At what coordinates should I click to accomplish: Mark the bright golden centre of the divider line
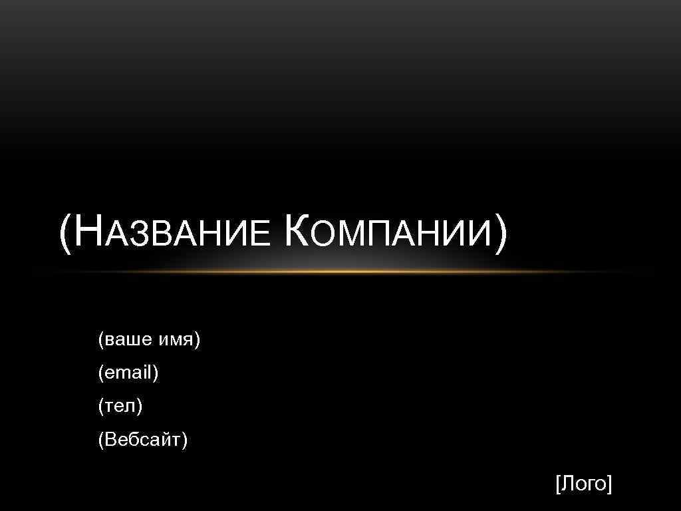pyautogui.click(x=340, y=271)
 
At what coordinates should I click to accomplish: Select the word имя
pyautogui.click(x=176, y=341)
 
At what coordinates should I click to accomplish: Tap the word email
pyautogui.click(x=128, y=373)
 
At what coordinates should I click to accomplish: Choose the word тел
pyautogui.click(x=120, y=406)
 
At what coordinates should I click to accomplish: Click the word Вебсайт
pyautogui.click(x=143, y=439)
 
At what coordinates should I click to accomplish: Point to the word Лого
pyautogui.click(x=583, y=484)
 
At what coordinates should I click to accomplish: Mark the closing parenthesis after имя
pyautogui.click(x=197, y=341)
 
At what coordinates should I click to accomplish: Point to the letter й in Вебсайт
pyautogui.click(x=166, y=439)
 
